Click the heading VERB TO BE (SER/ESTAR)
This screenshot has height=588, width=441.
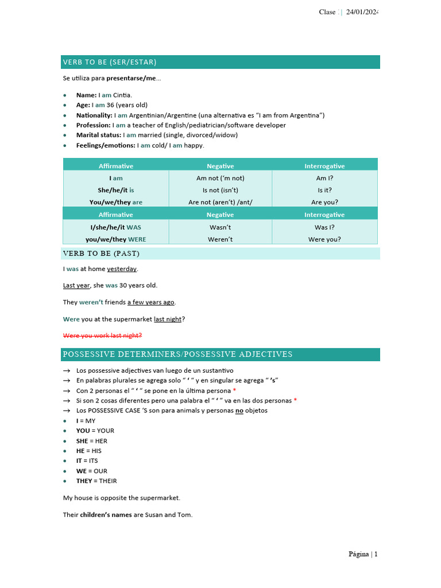click(110, 62)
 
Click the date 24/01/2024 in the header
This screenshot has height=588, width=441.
click(362, 12)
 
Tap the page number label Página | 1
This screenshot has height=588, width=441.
click(363, 554)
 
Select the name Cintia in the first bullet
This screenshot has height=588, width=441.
click(122, 95)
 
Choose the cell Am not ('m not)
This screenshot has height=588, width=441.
click(220, 178)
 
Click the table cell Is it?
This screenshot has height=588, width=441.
click(324, 190)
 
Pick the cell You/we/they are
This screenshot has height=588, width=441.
click(115, 202)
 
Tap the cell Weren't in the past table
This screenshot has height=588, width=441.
click(220, 239)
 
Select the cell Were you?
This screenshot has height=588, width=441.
click(324, 239)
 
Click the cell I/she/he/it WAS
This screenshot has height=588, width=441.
click(115, 227)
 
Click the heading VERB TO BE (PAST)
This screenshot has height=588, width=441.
click(102, 253)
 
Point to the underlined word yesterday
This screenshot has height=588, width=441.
click(122, 269)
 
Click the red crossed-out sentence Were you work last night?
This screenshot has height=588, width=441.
click(102, 335)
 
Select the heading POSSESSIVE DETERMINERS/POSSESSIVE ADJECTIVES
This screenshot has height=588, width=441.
click(177, 354)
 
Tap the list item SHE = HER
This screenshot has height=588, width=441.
click(91, 441)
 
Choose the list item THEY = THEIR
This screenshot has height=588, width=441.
click(96, 481)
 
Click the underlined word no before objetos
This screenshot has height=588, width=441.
click(239, 411)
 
